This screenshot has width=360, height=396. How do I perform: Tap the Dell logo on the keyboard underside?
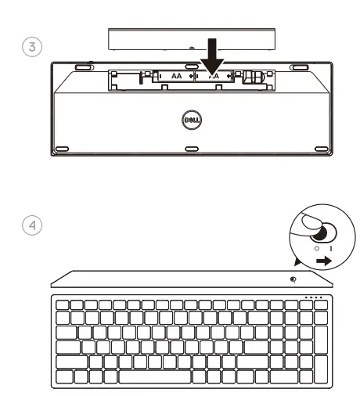180,122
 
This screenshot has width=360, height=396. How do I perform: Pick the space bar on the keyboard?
179,376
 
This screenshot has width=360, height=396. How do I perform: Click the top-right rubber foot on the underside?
297,68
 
